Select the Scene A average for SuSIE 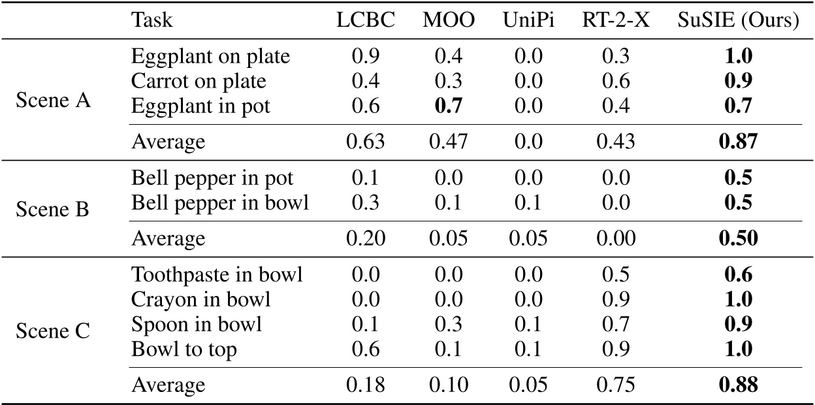coord(739,142)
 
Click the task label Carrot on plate coord(199,81)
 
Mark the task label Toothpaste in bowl coord(217,275)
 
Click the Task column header coord(152,20)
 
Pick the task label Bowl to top coord(184,349)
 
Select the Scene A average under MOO coord(449,142)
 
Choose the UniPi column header coord(527,20)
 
